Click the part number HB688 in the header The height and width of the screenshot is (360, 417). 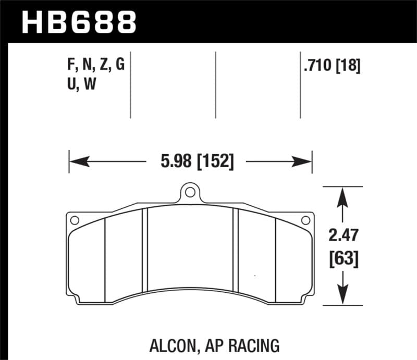point(79,21)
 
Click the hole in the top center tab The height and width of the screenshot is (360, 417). point(191,193)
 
